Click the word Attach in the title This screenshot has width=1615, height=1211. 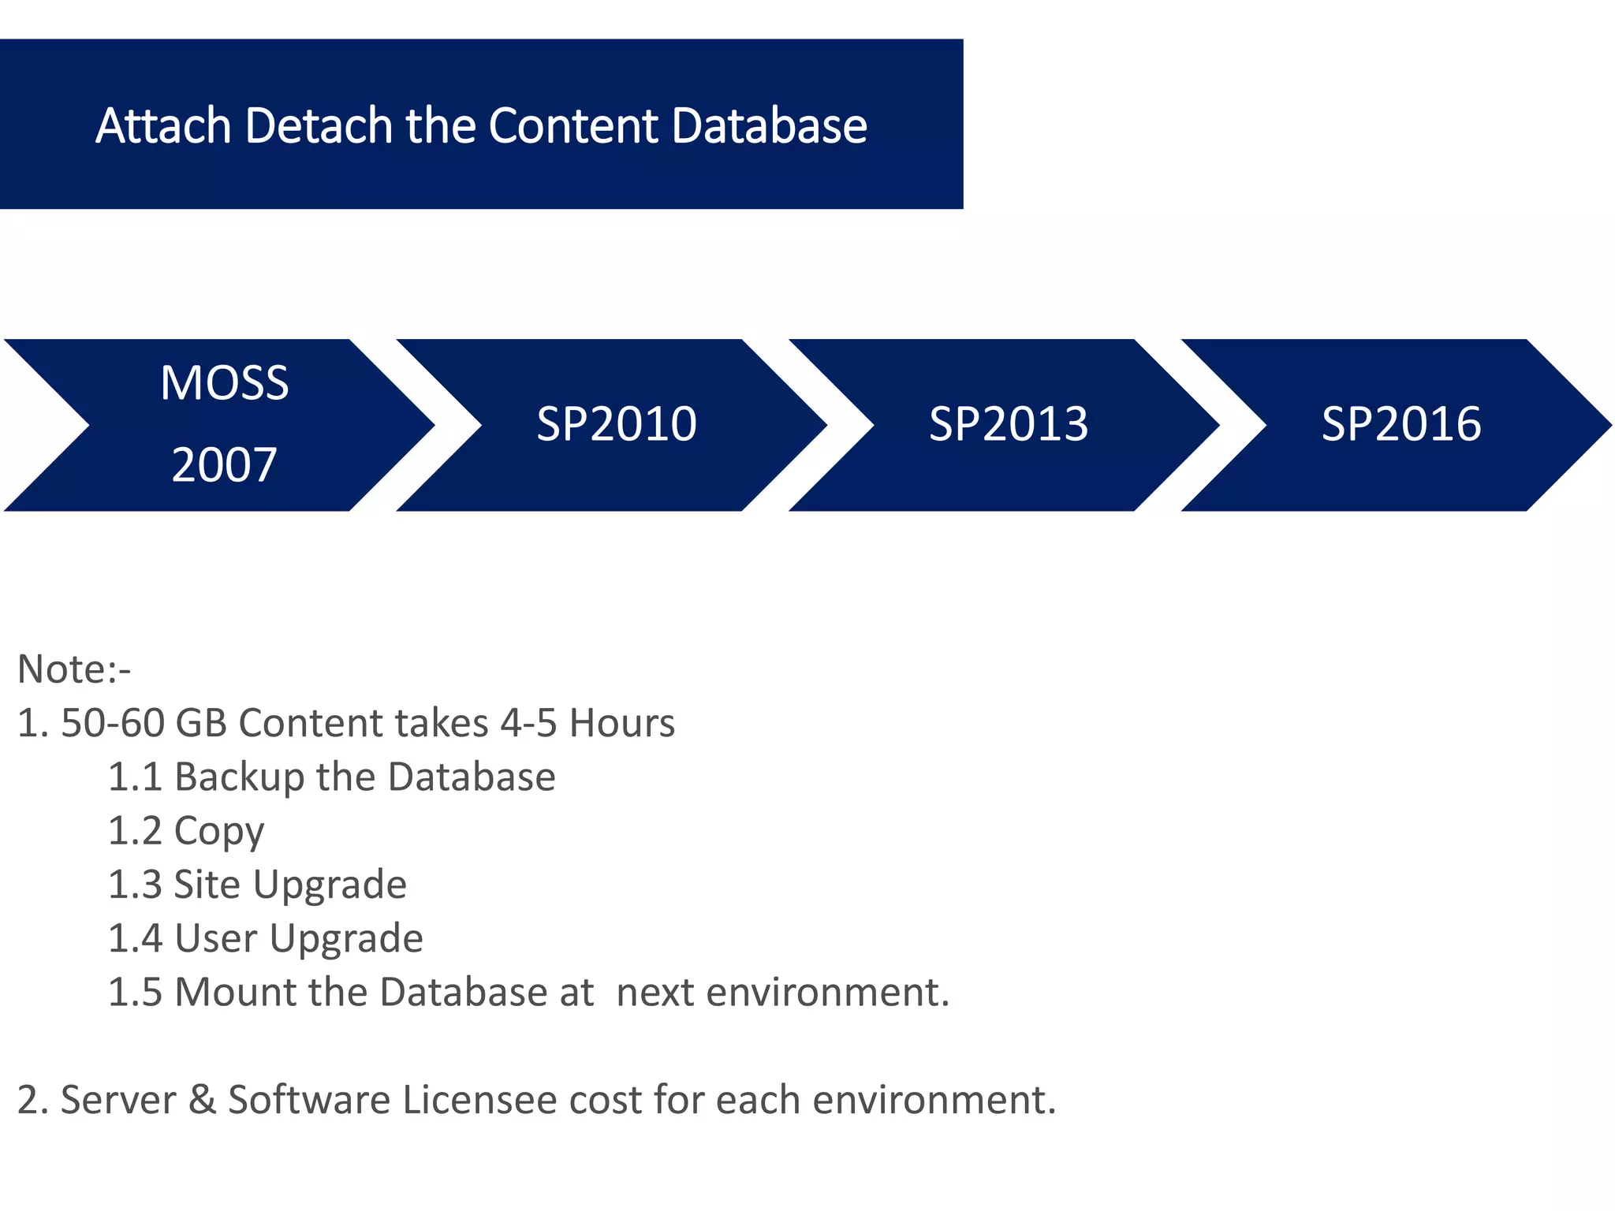click(x=163, y=126)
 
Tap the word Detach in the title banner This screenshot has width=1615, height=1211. click(x=319, y=126)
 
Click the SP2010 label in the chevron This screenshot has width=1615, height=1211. click(x=617, y=424)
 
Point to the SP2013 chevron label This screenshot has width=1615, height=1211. click(x=1009, y=424)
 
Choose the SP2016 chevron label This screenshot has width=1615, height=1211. click(x=1401, y=424)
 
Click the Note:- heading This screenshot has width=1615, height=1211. click(x=74, y=669)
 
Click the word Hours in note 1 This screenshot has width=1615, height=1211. click(x=622, y=723)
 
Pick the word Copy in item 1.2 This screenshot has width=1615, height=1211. click(x=218, y=832)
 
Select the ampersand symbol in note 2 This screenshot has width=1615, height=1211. click(x=203, y=1100)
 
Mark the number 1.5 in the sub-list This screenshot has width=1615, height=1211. click(x=135, y=992)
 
